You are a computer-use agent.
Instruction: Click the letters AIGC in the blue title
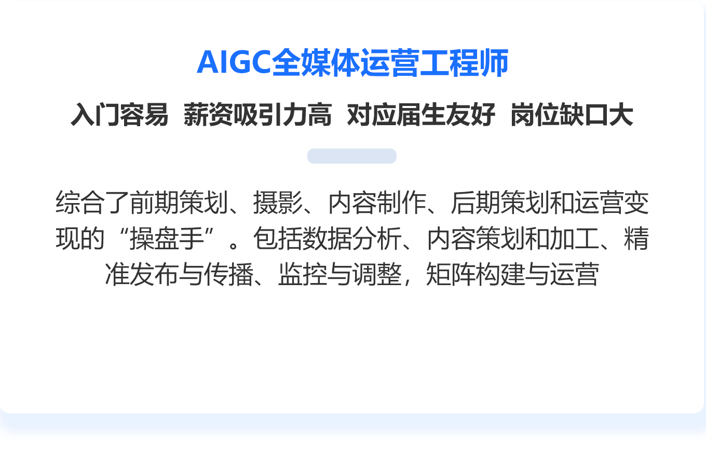coord(234,62)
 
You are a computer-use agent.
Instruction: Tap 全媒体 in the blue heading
coord(316,62)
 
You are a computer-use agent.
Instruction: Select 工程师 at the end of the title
coord(464,62)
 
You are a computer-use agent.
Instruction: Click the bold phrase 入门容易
coord(119,114)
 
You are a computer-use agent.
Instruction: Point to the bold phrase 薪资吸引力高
coord(257,114)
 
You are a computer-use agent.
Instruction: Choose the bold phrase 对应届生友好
coord(421,114)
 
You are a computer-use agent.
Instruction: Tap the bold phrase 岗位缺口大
coord(572,114)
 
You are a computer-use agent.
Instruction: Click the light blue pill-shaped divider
coord(352,156)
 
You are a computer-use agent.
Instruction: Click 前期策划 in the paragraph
coord(179,203)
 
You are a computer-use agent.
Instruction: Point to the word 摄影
coord(278,203)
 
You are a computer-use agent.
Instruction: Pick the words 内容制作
coord(377,203)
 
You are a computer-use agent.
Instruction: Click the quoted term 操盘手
coord(167,238)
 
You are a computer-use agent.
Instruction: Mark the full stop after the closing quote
coord(234,245)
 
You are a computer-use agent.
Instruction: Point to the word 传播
coord(229,274)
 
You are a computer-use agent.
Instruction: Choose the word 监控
coord(303,274)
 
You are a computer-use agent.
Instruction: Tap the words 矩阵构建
coord(476,274)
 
